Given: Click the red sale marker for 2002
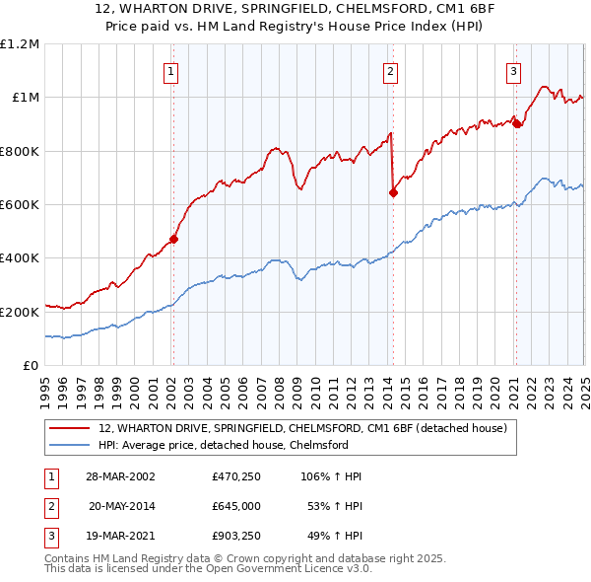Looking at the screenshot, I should point(173,238).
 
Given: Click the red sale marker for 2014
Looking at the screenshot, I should point(393,192).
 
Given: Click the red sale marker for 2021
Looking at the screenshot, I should point(516,123).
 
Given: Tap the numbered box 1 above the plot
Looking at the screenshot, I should point(171,71).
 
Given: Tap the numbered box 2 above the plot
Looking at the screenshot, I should point(391,71).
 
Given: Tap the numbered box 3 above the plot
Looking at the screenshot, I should point(514,71).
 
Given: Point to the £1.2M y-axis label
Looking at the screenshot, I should point(20,44).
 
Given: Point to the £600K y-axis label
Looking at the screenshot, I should point(20,204).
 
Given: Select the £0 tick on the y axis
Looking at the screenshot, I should point(31,365).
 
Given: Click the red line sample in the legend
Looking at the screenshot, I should point(70,429).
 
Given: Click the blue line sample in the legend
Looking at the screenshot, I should point(70,445).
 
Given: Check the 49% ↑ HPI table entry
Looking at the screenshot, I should point(333,538).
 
